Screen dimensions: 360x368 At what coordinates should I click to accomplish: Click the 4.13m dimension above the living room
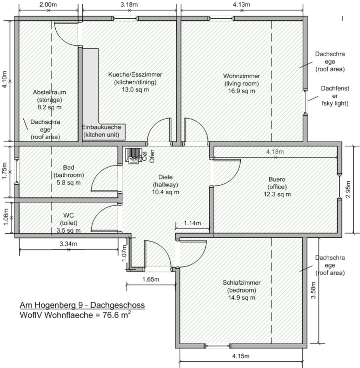pyautogui.click(x=241, y=5)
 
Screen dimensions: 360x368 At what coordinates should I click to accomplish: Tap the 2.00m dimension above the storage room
pyautogui.click(x=48, y=5)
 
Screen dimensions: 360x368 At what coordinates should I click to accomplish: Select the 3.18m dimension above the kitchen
pyautogui.click(x=129, y=5)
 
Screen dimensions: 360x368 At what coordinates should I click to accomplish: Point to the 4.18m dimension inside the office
pyautogui.click(x=275, y=152)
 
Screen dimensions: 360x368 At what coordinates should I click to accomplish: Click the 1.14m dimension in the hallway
pyautogui.click(x=192, y=223)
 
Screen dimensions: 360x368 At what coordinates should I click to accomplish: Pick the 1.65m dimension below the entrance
pyautogui.click(x=150, y=279)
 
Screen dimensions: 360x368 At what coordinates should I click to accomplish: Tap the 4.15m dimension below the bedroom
pyautogui.click(x=241, y=356)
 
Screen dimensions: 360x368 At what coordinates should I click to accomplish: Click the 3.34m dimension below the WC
pyautogui.click(x=68, y=244)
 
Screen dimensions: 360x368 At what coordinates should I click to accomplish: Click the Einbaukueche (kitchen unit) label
pyautogui.click(x=101, y=131)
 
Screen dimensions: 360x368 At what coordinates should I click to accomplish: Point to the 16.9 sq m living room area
pyautogui.click(x=241, y=91)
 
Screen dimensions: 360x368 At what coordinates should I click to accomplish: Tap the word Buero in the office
pyautogui.click(x=277, y=179)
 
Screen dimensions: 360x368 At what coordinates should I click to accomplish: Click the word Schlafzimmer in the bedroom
pyautogui.click(x=241, y=283)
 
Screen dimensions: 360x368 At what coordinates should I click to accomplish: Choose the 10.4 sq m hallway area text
pyautogui.click(x=165, y=192)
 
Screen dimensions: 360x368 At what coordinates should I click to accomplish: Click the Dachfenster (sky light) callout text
pyautogui.click(x=335, y=96)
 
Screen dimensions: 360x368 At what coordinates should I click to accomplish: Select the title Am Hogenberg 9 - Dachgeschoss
pyautogui.click(x=82, y=305)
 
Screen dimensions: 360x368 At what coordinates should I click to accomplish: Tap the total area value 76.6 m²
pyautogui.click(x=117, y=314)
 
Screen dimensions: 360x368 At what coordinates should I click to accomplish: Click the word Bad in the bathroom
pyautogui.click(x=69, y=168)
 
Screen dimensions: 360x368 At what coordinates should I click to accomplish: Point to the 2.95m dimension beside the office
pyautogui.click(x=348, y=189)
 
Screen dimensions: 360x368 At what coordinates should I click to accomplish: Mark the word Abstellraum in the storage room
pyautogui.click(x=50, y=92)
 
